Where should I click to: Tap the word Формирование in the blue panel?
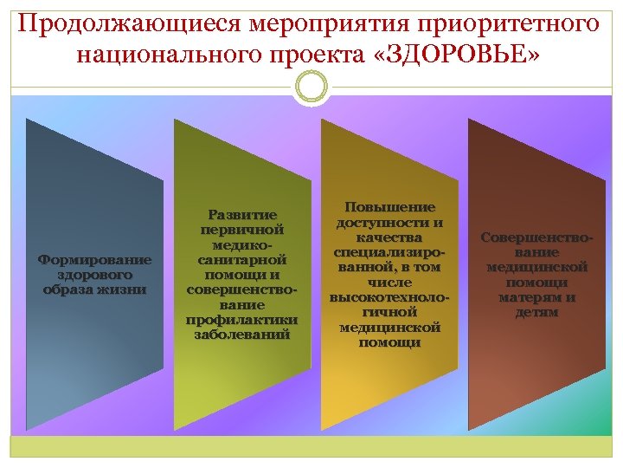tap(95, 258)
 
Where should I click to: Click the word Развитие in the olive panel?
tap(242, 214)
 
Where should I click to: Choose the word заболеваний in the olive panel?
tap(242, 334)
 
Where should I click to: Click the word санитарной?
tap(242, 259)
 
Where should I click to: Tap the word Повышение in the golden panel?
tap(389, 207)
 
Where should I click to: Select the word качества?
tap(389, 237)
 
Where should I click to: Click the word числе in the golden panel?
tap(389, 283)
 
